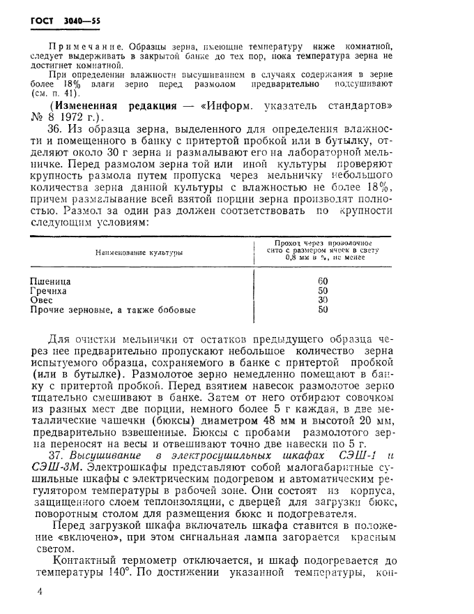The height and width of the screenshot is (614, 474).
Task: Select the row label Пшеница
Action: coord(51,281)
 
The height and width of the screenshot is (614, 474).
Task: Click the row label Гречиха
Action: coord(49,291)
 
